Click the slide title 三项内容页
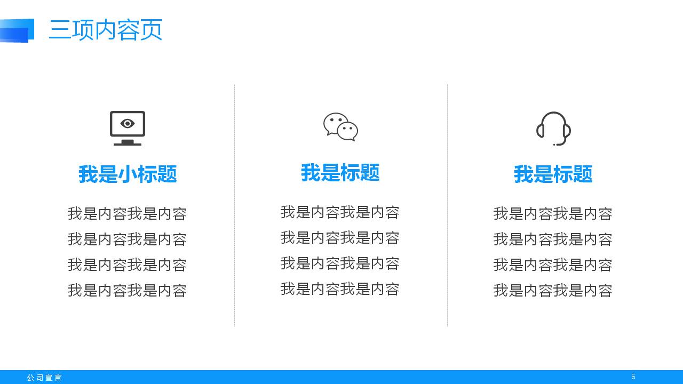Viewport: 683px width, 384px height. [106, 30]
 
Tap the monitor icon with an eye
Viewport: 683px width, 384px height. [128, 128]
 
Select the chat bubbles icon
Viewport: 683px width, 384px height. [340, 127]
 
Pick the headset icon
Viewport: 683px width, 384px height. [553, 128]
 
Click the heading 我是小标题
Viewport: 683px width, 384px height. [128, 174]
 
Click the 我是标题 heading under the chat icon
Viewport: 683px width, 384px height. [340, 173]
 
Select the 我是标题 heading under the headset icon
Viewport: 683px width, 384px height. [553, 174]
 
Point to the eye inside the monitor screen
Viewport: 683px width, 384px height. [128, 124]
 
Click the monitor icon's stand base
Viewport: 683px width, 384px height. [128, 143]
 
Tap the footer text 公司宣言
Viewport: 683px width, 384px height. [44, 378]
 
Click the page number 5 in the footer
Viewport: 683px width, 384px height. [633, 377]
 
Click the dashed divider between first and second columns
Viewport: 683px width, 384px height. [234, 205]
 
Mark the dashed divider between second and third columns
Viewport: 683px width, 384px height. [447, 205]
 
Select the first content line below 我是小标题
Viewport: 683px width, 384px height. [128, 214]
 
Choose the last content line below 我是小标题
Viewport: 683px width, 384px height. [128, 291]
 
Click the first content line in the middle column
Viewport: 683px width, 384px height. [340, 212]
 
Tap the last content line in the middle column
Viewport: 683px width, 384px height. [340, 289]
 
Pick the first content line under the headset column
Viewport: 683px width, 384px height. [553, 214]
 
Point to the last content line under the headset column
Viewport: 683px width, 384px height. [553, 291]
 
